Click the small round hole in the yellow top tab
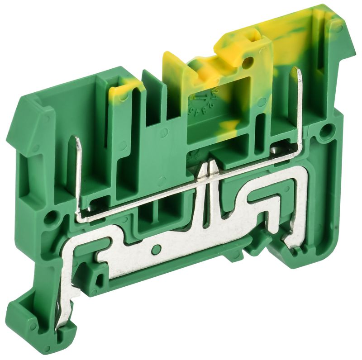tap(247, 63)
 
